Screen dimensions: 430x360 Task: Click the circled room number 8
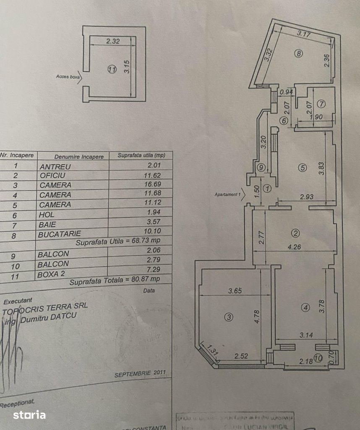(x=298, y=54)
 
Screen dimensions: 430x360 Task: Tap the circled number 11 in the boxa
(x=111, y=70)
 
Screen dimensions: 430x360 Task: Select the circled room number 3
(x=228, y=317)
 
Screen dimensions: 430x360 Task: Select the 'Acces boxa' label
(x=68, y=77)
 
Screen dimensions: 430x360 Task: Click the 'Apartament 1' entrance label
(x=227, y=195)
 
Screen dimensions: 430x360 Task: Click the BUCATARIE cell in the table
(x=59, y=234)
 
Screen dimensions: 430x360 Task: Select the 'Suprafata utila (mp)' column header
(x=141, y=155)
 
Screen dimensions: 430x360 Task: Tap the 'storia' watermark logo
(x=29, y=415)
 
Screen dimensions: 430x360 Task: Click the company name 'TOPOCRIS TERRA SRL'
(x=45, y=308)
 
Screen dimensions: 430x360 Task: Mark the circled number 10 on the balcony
(x=318, y=358)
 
